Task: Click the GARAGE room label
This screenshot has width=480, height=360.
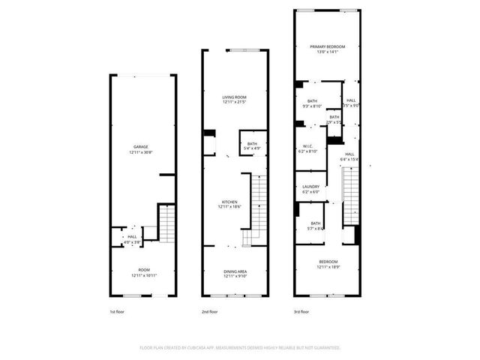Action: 141,146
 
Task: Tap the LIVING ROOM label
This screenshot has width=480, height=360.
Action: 234,97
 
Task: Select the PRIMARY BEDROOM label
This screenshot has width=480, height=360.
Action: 325,47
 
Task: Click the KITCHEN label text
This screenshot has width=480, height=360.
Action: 229,202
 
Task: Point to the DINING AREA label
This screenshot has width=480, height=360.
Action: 235,271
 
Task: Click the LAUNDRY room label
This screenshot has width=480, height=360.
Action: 310,187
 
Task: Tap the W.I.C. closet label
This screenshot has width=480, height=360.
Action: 308,146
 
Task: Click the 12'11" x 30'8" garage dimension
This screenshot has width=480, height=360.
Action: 141,152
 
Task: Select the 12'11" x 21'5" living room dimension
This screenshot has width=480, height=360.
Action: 234,103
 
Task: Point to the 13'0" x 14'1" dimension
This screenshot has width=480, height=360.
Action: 325,52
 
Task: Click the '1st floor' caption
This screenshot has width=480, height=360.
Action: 117,311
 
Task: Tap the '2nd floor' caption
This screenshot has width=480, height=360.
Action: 209,311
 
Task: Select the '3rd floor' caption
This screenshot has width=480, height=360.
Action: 301,311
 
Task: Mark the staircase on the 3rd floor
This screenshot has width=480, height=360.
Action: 349,195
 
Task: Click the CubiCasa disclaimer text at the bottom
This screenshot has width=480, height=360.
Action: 240,348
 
